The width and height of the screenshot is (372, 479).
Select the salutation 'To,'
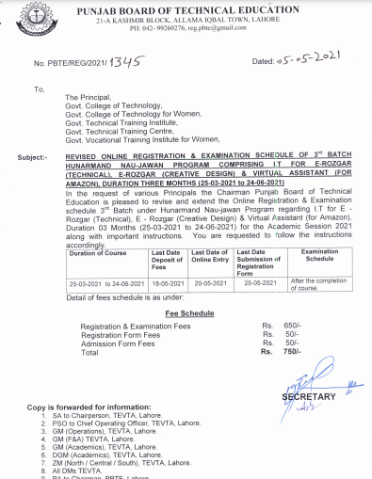(x=39, y=88)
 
